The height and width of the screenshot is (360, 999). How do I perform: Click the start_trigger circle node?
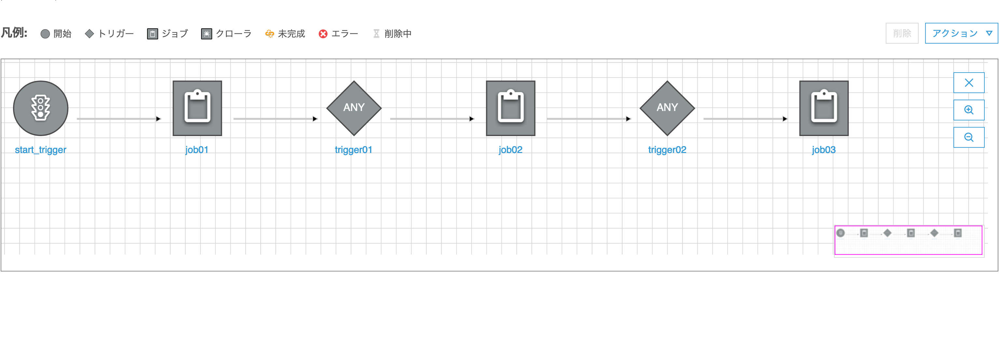[41, 108]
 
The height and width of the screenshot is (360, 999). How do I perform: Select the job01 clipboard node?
[198, 108]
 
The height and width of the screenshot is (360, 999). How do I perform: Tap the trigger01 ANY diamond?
[354, 108]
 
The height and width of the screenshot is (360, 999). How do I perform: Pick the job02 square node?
[511, 108]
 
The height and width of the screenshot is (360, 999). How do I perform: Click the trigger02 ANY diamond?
[667, 108]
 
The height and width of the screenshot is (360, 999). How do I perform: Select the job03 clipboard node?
[824, 108]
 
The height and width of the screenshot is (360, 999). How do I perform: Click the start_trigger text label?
[41, 150]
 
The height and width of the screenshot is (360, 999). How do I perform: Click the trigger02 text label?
[667, 150]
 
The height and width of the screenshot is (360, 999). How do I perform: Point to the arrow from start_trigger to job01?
[119, 119]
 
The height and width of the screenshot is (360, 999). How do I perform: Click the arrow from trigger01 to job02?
[432, 119]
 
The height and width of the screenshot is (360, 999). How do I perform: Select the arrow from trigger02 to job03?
[746, 119]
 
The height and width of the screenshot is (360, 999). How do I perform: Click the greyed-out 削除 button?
[902, 33]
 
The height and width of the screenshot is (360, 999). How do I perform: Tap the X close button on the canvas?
[969, 83]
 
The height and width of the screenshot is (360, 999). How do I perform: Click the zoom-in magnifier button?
[969, 110]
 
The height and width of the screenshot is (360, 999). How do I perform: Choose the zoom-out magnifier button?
[969, 137]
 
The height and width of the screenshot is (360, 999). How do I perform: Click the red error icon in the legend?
[323, 34]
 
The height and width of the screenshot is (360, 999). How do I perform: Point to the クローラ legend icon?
[207, 34]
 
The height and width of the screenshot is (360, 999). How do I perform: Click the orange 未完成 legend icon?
[269, 34]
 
